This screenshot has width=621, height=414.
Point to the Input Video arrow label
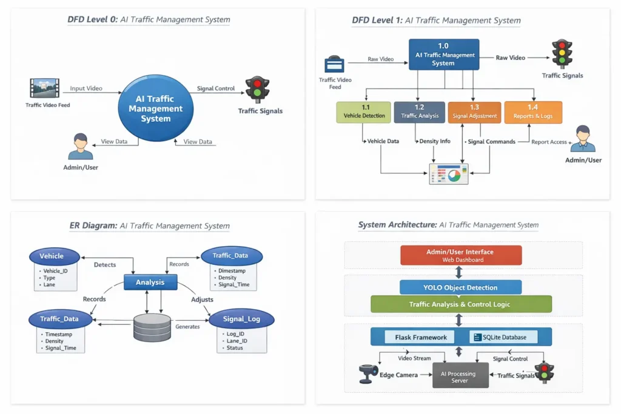[86, 88]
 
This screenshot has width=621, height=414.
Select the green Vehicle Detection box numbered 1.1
[364, 112]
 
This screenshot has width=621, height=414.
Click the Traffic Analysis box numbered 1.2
[419, 112]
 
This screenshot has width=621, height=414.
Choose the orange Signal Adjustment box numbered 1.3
[474, 112]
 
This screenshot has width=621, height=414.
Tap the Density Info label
[436, 141]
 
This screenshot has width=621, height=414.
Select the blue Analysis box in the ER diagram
[150, 282]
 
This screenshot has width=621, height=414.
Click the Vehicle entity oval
[55, 256]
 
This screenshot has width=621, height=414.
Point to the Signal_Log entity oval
[241, 319]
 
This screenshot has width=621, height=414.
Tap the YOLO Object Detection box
[460, 287]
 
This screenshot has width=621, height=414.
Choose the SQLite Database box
[503, 337]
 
